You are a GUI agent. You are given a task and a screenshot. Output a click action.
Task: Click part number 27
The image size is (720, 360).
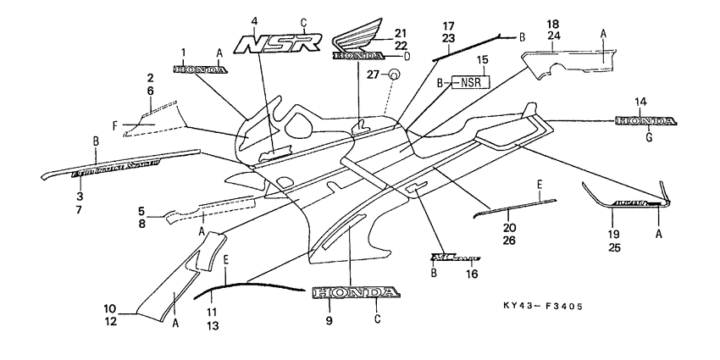pyautogui.click(x=370, y=75)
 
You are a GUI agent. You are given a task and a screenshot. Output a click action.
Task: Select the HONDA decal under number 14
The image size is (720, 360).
pyautogui.click(x=646, y=121)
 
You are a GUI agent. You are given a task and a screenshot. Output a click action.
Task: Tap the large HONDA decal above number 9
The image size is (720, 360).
pyautogui.click(x=355, y=293)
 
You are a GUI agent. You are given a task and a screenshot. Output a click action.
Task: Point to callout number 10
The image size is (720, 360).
pyautogui.click(x=110, y=307)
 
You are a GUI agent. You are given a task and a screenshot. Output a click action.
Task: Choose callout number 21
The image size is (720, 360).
pyautogui.click(x=400, y=32)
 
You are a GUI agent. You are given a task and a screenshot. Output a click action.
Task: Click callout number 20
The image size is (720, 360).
pyautogui.click(x=508, y=227)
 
